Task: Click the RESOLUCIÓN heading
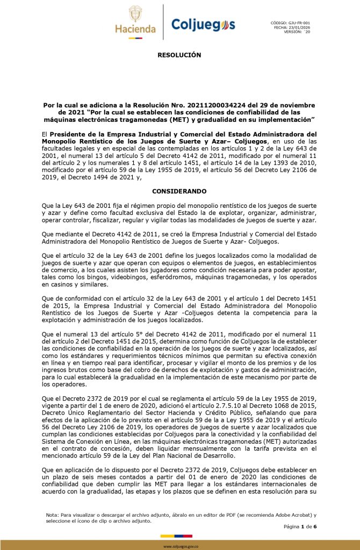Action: point(179,55)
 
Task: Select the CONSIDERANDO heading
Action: point(179,191)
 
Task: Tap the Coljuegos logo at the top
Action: point(203,24)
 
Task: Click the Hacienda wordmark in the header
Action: point(135,29)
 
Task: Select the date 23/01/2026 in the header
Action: point(298,27)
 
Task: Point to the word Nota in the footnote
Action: point(53,515)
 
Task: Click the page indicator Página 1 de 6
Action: point(300,526)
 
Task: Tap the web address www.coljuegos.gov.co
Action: point(179,546)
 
